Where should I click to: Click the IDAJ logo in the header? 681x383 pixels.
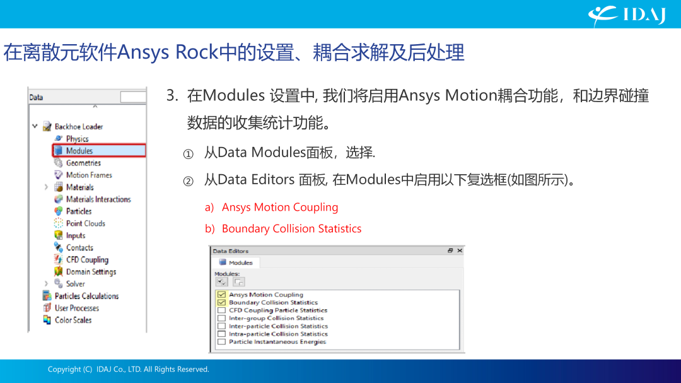coord(627,15)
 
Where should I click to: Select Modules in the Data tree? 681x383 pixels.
coord(79,151)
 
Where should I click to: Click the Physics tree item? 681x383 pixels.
coord(77,139)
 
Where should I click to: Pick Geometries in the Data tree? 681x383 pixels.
coord(83,163)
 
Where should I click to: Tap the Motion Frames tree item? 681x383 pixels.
coord(89,175)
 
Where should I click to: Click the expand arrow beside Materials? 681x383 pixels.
coord(46,187)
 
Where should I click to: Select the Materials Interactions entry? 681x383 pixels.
coord(98,199)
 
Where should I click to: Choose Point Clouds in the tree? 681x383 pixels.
coord(85,223)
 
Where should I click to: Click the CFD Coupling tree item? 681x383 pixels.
coord(87,259)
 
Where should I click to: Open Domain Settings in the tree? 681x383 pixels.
coord(91,272)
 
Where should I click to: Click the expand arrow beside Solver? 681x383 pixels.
coord(46,284)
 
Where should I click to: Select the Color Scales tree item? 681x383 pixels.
coord(73,320)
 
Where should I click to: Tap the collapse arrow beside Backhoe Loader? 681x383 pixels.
coord(35,126)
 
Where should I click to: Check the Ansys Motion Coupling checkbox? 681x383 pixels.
coord(221,295)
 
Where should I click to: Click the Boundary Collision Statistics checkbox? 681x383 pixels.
coord(221,303)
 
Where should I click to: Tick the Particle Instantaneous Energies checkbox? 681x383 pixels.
coord(221,342)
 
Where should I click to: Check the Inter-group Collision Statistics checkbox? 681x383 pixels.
coord(221,318)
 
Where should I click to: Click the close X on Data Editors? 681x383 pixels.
coord(460,251)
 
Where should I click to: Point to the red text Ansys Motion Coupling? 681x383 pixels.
coord(280,208)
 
